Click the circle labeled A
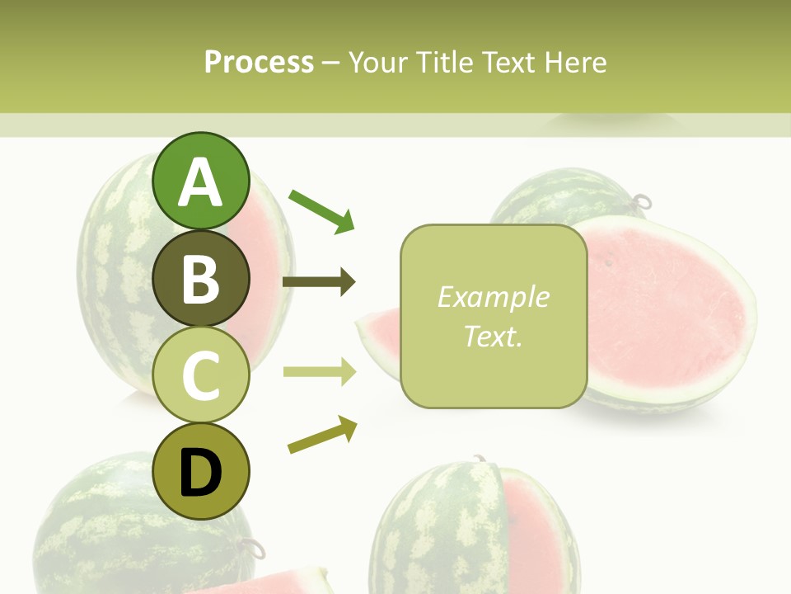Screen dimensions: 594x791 201,181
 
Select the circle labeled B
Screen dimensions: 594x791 201,278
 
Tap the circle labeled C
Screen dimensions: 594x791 201,375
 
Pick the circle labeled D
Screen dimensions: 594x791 201,471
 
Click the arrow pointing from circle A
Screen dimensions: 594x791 321,211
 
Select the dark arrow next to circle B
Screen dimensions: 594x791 319,282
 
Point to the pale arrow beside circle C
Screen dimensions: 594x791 319,372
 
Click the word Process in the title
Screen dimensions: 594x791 259,62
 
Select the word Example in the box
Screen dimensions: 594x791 493,297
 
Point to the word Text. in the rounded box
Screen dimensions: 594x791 493,336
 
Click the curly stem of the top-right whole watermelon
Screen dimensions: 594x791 641,201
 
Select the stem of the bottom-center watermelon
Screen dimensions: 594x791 477,459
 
